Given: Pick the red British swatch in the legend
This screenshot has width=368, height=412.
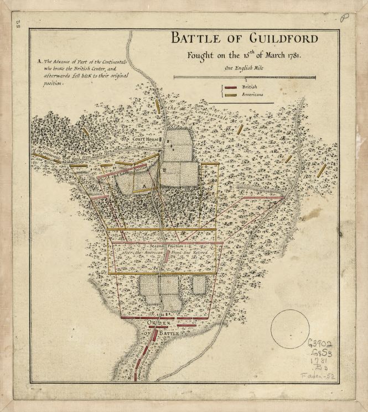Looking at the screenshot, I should point(230,87).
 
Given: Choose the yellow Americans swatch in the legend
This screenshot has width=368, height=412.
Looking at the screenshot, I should point(230,95).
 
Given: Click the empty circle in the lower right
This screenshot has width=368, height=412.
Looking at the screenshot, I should point(289,329).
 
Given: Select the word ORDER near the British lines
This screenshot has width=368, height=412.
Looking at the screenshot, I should point(159,323).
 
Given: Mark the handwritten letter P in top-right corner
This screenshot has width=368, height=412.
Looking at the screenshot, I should point(345,18).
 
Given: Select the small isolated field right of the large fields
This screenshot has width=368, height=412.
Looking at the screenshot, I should point(199,284).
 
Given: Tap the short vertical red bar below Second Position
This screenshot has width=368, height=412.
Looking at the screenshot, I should point(168,256).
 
